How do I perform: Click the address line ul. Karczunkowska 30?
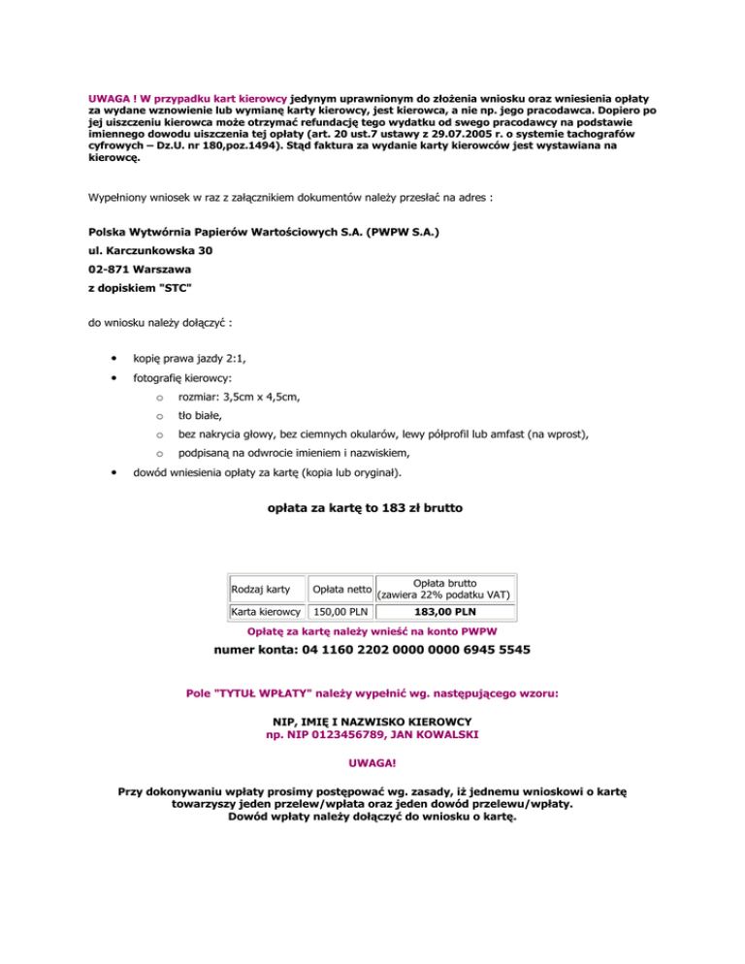[145, 249]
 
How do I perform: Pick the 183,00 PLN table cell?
[444, 612]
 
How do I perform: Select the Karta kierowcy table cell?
[265, 612]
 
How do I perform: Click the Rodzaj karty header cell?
[261, 589]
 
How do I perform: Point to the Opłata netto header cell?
[339, 589]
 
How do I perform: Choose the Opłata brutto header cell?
[444, 588]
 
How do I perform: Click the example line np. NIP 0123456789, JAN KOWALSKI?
[372, 735]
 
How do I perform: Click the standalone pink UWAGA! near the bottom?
[372, 764]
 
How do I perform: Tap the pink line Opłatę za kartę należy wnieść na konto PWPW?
[372, 631]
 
